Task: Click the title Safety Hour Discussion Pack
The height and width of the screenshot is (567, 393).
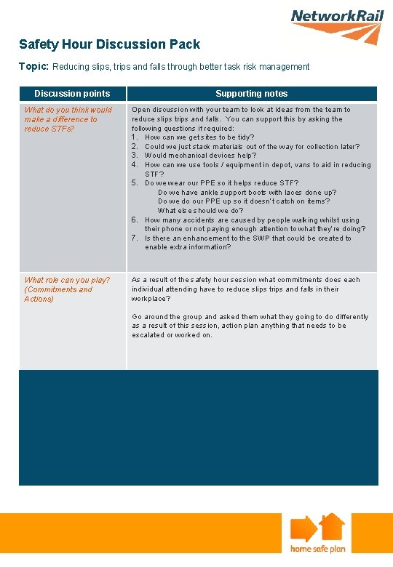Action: click(x=109, y=45)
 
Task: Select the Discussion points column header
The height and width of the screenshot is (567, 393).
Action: click(x=72, y=94)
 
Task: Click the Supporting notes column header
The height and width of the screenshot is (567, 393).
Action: click(x=251, y=94)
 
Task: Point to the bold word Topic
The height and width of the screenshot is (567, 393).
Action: click(x=33, y=66)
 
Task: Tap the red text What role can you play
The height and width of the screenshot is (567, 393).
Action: click(x=67, y=280)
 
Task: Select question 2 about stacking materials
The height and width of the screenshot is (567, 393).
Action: click(x=251, y=146)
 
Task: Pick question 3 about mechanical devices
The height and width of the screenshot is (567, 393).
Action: click(x=200, y=156)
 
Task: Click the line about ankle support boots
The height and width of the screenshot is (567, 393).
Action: click(x=247, y=193)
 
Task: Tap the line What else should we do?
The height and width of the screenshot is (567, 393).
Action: click(x=200, y=211)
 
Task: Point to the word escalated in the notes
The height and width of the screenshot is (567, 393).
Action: click(x=148, y=335)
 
